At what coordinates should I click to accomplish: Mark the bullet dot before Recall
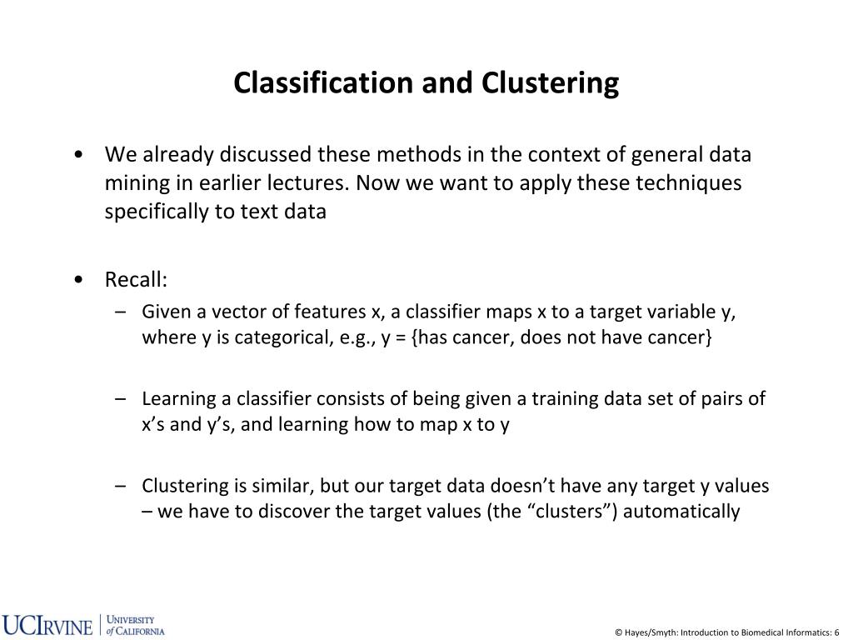[x=77, y=279]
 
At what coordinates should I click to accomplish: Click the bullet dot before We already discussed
[x=77, y=155]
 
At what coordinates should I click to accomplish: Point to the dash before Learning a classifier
[x=122, y=398]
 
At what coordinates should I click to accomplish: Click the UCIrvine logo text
[x=47, y=625]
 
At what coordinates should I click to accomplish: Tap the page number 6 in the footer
[x=836, y=632]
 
